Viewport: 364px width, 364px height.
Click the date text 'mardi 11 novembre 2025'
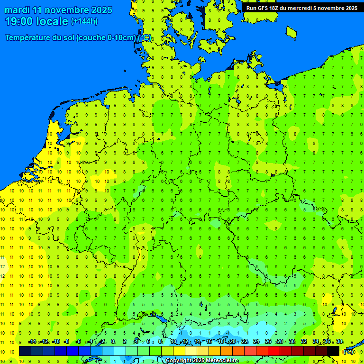pos(58,10)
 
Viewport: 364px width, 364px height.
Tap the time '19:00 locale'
pos(36,21)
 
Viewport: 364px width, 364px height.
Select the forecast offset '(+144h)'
pos(84,21)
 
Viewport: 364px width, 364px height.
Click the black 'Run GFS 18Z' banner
pos(302,8)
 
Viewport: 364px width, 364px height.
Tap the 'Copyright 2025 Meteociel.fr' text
pos(202,361)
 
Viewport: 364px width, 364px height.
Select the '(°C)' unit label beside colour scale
pos(348,352)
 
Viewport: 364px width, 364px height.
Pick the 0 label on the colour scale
pos(113,342)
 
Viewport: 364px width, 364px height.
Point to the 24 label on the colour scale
pos(256,342)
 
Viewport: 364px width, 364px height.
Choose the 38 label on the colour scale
pos(339,342)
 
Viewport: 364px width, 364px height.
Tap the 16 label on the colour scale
pos(209,342)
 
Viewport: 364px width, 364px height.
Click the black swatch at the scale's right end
pos(333,351)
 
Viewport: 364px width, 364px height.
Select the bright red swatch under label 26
pos(274,351)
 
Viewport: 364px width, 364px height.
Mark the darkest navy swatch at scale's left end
pos(25,351)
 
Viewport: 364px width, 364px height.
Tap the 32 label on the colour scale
pos(304,342)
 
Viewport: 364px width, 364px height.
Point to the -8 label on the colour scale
pos(67,342)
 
